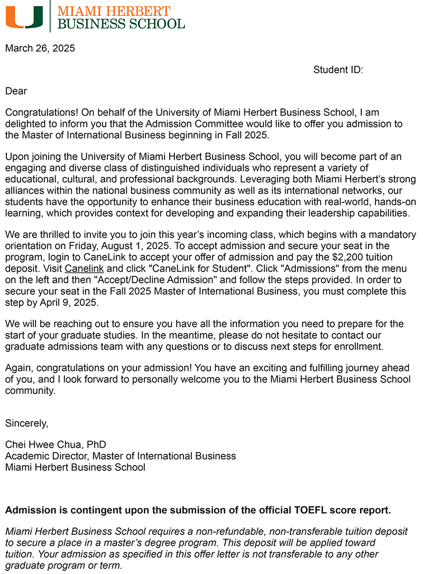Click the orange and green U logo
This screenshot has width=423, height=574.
(24, 17)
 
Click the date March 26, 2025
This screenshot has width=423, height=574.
(40, 49)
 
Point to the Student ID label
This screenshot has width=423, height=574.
(338, 70)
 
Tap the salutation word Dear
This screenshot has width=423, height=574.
(16, 91)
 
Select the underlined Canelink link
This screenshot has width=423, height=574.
(84, 269)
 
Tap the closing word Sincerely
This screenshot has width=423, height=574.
(26, 423)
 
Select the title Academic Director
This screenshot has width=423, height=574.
(47, 456)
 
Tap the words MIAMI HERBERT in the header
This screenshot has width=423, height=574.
(114, 11)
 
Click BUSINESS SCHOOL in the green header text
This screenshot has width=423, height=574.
(121, 23)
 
